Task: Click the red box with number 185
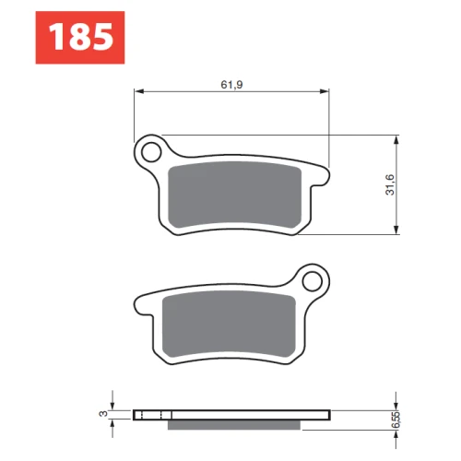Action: tap(80, 38)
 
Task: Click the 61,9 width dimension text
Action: tap(231, 85)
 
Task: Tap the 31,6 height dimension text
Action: tap(390, 184)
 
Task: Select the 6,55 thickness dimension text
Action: tap(396, 420)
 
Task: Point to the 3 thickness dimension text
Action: tap(103, 414)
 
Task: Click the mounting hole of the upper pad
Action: tap(151, 152)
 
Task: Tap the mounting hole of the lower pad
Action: tap(312, 281)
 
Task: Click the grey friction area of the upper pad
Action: tap(235, 195)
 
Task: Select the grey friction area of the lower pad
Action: tap(229, 324)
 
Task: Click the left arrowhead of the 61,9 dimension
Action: tap(139, 91)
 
